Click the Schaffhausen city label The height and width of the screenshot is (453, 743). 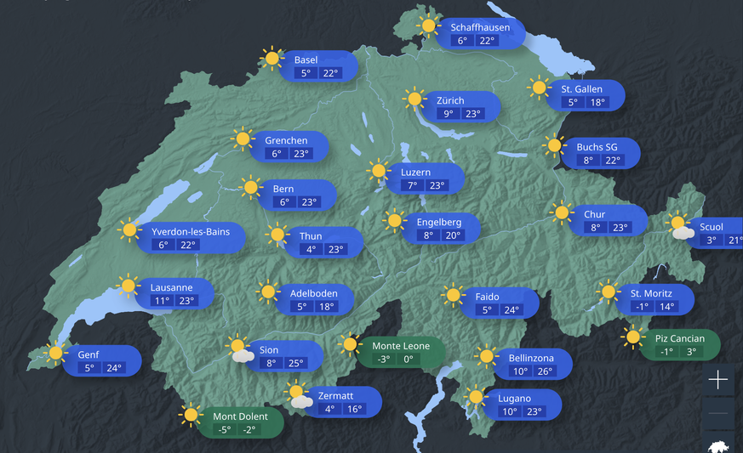(480, 27)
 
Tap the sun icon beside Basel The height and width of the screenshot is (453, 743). (272, 59)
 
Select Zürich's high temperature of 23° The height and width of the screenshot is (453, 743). (472, 114)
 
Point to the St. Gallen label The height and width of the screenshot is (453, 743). (581, 89)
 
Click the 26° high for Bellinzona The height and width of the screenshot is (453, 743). (544, 371)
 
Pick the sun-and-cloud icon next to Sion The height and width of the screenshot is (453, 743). (239, 349)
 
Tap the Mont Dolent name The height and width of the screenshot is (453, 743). (240, 416)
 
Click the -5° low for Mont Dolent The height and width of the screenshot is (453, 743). (224, 430)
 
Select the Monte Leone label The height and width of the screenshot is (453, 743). (401, 346)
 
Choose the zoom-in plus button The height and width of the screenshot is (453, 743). (718, 380)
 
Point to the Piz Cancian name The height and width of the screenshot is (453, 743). (680, 338)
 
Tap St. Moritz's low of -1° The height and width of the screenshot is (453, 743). (641, 307)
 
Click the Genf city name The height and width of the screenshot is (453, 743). (89, 354)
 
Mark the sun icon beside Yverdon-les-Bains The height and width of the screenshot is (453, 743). (129, 229)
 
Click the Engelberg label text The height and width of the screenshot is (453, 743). (438, 222)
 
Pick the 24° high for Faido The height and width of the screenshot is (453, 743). (512, 310)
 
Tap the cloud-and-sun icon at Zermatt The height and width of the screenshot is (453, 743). (299, 396)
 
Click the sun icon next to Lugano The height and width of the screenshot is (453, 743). (475, 397)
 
